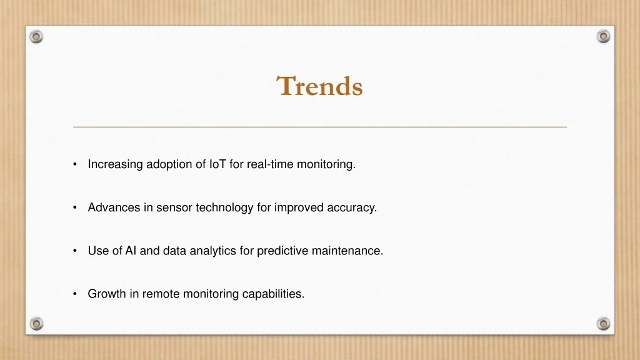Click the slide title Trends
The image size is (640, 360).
(x=319, y=86)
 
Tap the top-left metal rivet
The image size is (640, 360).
(x=36, y=37)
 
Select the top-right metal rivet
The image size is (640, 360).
(x=603, y=36)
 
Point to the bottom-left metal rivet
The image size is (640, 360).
(x=36, y=324)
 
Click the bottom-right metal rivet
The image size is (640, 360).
(x=603, y=324)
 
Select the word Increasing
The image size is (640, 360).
(x=115, y=164)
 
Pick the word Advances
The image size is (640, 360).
(x=114, y=207)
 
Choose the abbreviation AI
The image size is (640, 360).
(x=131, y=251)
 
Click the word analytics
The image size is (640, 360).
(x=212, y=251)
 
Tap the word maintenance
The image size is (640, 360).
(x=346, y=251)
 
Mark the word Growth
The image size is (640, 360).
(x=107, y=294)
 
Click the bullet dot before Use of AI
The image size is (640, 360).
(x=75, y=251)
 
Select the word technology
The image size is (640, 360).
(x=224, y=207)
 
